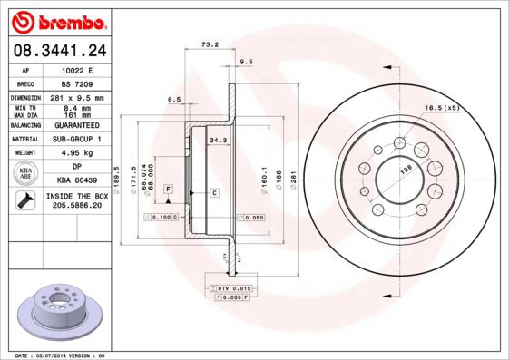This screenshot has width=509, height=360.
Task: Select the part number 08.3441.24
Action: pyautogui.click(x=56, y=50)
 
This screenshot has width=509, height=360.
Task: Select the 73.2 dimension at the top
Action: pyautogui.click(x=210, y=44)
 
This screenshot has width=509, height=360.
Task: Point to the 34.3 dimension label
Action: pyautogui.click(x=218, y=141)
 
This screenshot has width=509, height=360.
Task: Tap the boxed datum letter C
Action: pyautogui.click(x=214, y=193)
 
